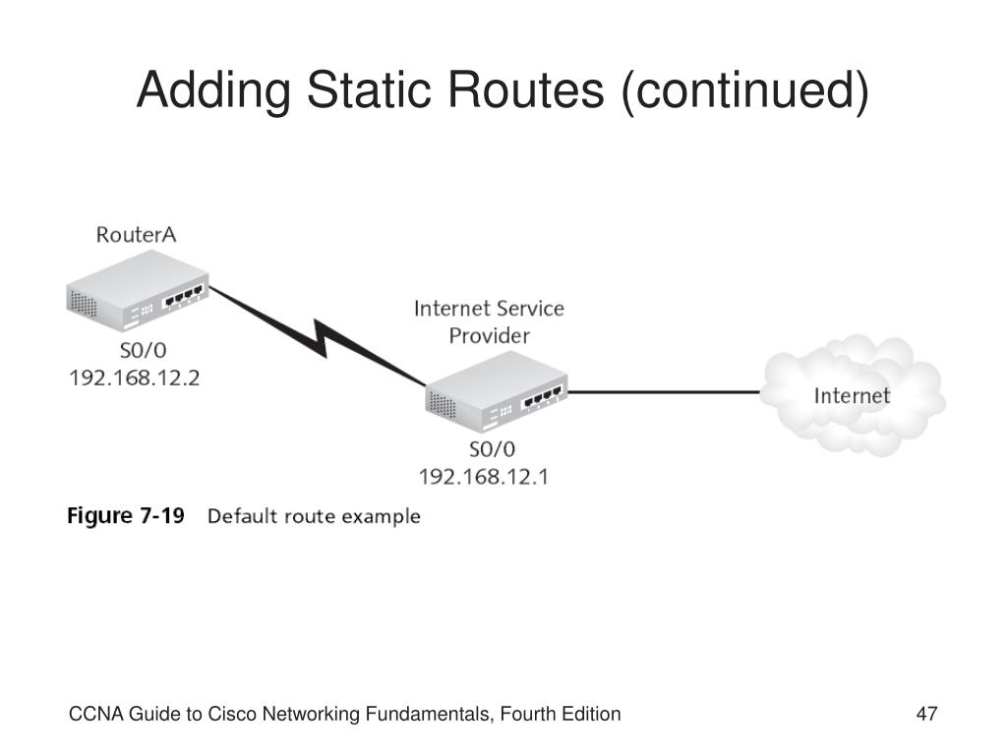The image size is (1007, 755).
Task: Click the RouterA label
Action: coord(136,235)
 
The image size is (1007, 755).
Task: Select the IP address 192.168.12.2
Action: coord(134,377)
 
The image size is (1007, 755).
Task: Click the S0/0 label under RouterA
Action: coord(144,351)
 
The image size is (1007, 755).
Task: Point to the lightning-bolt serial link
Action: coord(318,337)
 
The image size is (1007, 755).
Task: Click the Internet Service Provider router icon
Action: coord(497,392)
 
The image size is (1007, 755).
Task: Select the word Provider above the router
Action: coord(490,336)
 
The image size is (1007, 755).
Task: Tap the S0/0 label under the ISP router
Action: coord(492,449)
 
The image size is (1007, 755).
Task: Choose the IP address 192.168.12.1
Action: coord(484,477)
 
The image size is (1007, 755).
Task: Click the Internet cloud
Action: coord(853,395)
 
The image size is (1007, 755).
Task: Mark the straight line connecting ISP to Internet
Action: coord(664,391)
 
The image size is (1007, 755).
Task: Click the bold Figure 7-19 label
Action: coord(126,515)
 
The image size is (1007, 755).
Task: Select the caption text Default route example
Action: coord(314,516)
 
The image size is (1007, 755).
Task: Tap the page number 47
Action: coord(926,714)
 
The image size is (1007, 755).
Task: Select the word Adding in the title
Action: coord(213,90)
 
